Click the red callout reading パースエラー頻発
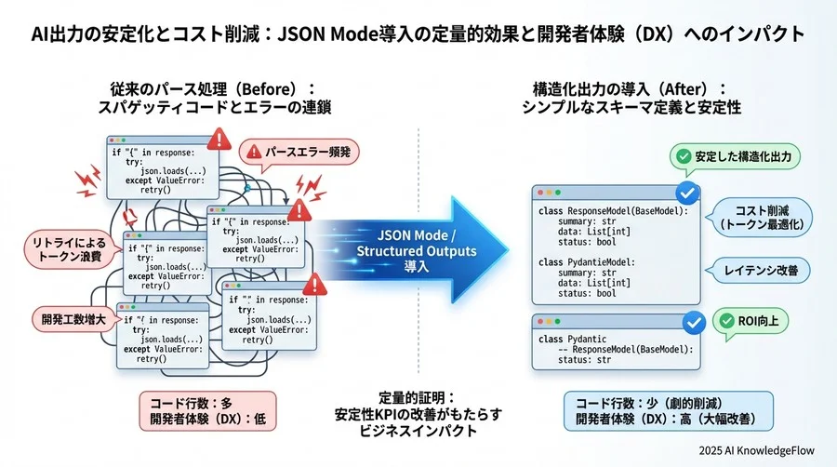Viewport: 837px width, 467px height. click(x=299, y=152)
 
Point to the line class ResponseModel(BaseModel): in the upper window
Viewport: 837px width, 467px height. click(x=613, y=211)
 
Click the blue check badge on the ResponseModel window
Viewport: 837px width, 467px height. click(x=687, y=193)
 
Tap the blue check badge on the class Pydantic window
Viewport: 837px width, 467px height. click(x=693, y=323)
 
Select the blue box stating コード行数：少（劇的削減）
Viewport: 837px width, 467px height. click(x=668, y=410)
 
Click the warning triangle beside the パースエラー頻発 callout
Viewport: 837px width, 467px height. click(x=220, y=140)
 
